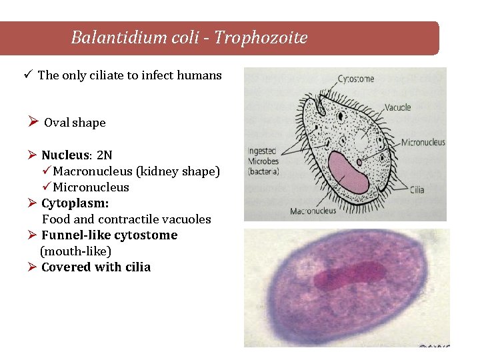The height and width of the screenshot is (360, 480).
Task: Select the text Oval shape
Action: [75, 123]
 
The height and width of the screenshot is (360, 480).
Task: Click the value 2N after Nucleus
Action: [105, 155]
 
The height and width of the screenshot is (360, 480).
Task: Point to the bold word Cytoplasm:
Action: [75, 203]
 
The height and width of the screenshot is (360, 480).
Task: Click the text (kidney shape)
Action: [177, 171]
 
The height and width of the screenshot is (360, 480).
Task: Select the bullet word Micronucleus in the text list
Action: [91, 187]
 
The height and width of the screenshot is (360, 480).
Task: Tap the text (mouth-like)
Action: [75, 251]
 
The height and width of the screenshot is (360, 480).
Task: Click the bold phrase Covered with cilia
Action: [96, 267]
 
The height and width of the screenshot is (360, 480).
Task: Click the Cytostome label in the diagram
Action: [356, 79]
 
